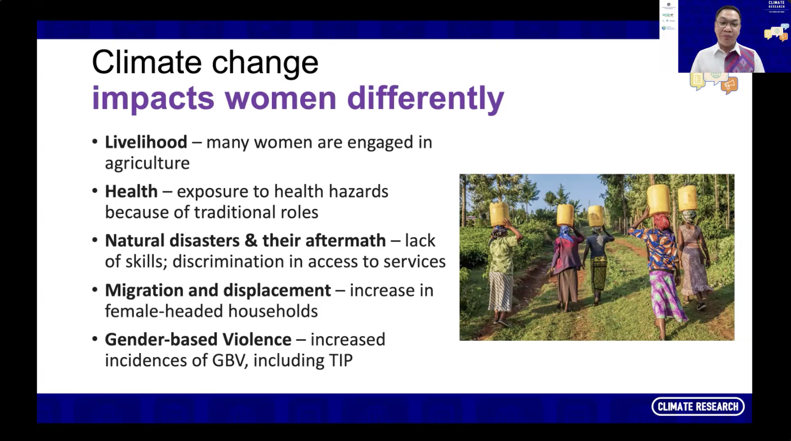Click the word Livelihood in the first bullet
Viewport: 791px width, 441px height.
[x=146, y=142]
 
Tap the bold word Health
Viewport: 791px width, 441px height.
[x=131, y=192]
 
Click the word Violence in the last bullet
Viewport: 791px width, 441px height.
[x=257, y=339]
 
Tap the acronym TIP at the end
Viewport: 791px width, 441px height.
[x=340, y=361]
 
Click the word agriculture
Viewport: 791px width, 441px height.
[x=147, y=164]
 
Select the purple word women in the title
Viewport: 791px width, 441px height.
[x=280, y=98]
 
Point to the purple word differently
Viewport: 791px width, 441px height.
[x=425, y=98]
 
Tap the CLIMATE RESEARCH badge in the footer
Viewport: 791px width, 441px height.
[x=697, y=407]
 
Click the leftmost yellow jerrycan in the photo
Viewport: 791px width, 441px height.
[x=499, y=214]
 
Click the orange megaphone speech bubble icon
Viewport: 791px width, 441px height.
[x=729, y=85]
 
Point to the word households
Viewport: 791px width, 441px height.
[x=273, y=311]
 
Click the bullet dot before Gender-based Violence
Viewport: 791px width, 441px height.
[x=95, y=339]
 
